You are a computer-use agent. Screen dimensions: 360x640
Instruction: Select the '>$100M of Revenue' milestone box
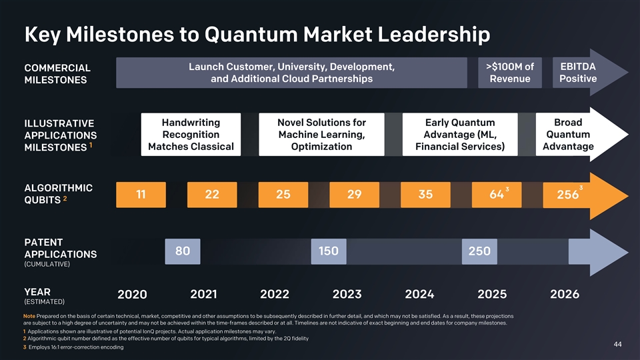click(x=509, y=73)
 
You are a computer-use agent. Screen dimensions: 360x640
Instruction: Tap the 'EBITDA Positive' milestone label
click(x=577, y=73)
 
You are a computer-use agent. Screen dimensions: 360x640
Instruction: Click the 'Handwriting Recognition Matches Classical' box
click(x=191, y=135)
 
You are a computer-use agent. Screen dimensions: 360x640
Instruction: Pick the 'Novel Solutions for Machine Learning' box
click(x=321, y=135)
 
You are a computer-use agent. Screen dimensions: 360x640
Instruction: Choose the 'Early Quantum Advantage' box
click(x=459, y=135)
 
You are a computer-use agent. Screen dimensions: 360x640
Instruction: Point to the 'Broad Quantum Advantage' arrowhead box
click(x=567, y=135)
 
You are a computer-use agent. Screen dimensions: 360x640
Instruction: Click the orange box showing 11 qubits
click(x=141, y=195)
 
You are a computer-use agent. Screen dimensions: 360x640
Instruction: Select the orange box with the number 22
click(x=212, y=195)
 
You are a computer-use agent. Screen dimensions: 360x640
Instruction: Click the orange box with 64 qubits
click(x=497, y=195)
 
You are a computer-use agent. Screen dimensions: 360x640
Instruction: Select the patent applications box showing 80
click(x=182, y=251)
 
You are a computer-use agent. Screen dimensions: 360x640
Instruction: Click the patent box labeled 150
click(x=328, y=251)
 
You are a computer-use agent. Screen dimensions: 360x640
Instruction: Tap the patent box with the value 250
click(x=479, y=251)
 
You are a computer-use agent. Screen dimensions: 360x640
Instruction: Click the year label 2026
click(x=565, y=294)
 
